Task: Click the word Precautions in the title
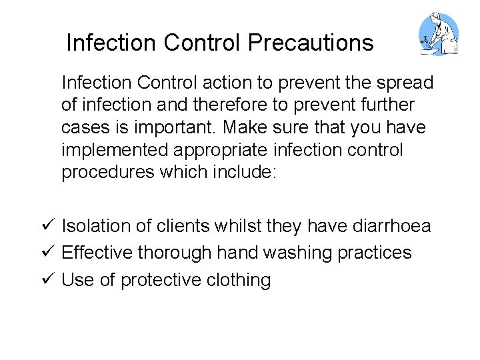click(311, 43)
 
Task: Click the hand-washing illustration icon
click(437, 34)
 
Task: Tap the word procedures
click(108, 172)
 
